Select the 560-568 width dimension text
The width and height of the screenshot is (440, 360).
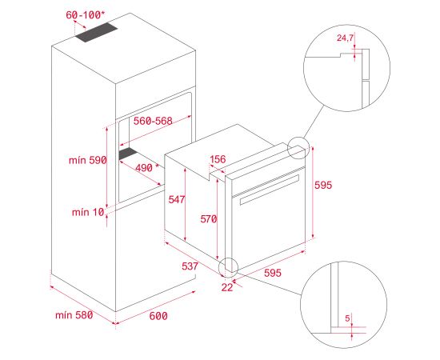point(153,121)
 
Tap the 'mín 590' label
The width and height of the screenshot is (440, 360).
point(87,160)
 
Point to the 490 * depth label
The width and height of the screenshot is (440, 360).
point(147,168)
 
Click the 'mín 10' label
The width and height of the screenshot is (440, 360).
point(88,212)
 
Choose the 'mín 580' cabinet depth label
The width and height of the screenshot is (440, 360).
point(74,315)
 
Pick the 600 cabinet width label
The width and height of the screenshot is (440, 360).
point(158,316)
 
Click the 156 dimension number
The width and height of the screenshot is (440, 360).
point(218,159)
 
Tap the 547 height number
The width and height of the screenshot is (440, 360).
point(177,199)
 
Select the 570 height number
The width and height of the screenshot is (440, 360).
point(209,219)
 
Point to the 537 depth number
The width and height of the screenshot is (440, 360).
point(190,266)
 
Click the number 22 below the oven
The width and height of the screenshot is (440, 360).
point(227,287)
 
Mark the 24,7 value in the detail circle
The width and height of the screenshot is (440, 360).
point(345,38)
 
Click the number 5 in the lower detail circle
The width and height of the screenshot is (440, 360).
point(348,318)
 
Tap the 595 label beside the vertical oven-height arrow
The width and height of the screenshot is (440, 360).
point(323,185)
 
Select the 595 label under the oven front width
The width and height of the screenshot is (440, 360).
point(273,273)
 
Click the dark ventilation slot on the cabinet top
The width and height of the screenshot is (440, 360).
point(96,32)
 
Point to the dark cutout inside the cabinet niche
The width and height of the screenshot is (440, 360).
point(128,154)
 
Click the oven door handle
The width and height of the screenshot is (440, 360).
point(270,190)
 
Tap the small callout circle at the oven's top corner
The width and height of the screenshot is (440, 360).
point(298,138)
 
